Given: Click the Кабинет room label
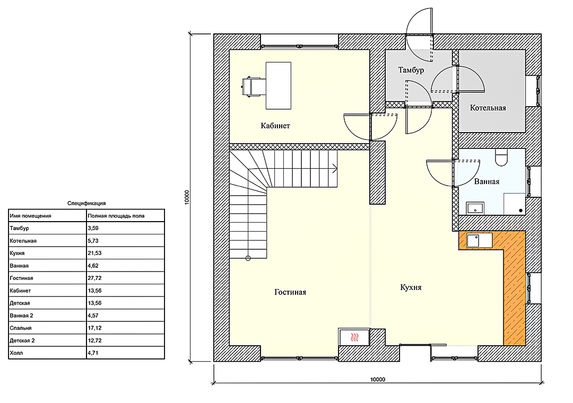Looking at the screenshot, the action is coord(275,126).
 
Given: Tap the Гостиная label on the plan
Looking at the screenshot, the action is coord(290,292).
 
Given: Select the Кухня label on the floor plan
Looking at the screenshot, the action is coord(411,287).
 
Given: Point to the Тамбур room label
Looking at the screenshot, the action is coord(411,70).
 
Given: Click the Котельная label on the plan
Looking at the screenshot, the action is coord(488,108).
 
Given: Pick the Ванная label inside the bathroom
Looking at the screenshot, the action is coord(487,181).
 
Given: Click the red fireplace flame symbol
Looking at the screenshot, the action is coord(354,337).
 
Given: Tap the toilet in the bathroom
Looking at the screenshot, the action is coord(501,157).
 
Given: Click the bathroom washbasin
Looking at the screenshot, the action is coord(475,208).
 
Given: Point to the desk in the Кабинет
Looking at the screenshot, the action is coord(279,85).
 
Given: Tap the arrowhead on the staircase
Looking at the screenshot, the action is coord(335,169).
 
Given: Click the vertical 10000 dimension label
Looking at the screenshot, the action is coord(187,197).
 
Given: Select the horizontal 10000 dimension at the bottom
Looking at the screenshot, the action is coord(378,379).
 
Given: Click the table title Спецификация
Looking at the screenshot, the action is coord(86,203).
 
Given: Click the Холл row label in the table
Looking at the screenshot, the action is coord(16,353).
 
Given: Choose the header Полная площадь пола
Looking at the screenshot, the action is coord(116,216).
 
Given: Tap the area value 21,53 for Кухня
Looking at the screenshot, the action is coord(94,253).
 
